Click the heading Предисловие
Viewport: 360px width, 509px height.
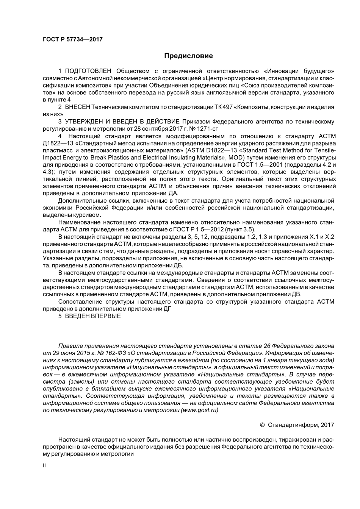tap(188, 56)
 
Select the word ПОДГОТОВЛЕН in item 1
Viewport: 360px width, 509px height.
tap(88, 71)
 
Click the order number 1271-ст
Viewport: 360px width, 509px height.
tap(208, 129)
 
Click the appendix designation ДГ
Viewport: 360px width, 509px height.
tap(167, 309)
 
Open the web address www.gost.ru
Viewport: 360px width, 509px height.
tap(200, 410)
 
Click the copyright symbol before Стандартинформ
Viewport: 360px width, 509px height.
tap(262, 425)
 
